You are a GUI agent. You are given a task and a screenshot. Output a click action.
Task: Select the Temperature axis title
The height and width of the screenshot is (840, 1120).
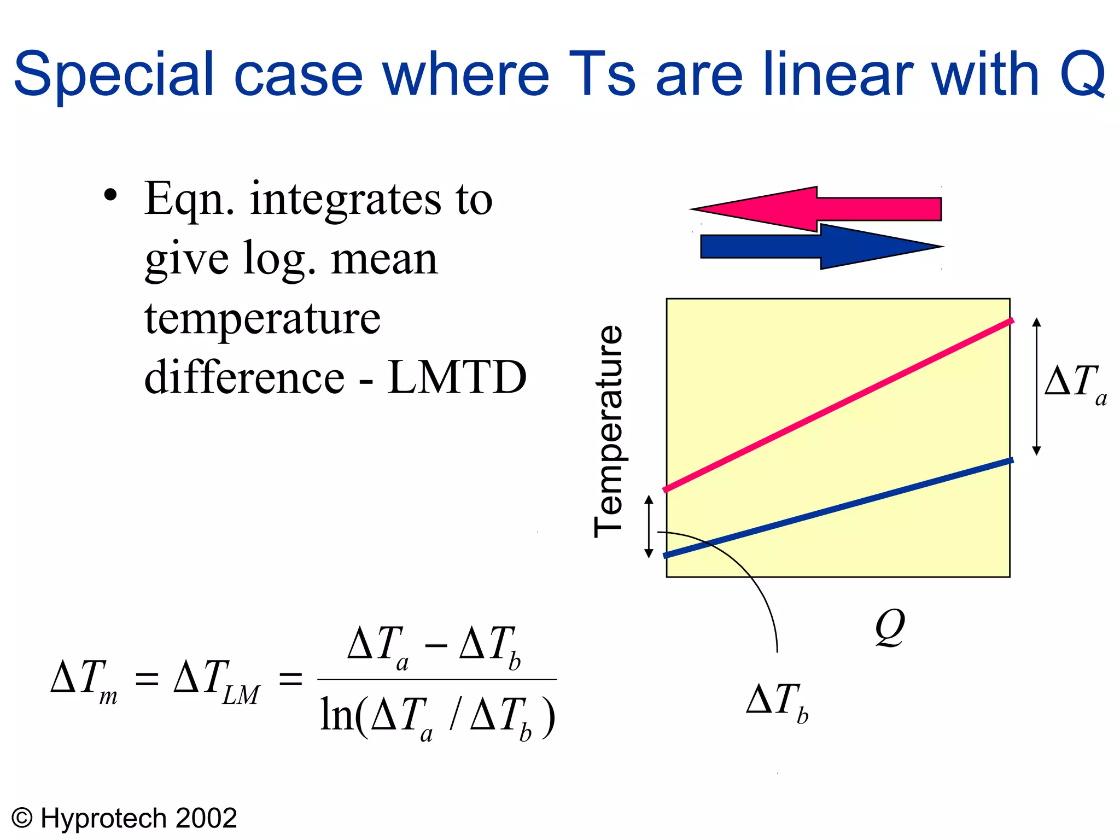click(609, 431)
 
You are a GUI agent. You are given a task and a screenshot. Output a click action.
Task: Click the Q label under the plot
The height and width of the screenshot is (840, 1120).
click(890, 627)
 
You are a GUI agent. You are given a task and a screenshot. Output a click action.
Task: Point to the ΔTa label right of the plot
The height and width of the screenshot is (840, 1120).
click(1074, 383)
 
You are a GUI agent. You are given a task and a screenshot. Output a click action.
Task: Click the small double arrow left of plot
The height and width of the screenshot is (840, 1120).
click(649, 526)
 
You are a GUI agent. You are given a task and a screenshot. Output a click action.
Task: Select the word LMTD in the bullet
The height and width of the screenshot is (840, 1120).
click(457, 377)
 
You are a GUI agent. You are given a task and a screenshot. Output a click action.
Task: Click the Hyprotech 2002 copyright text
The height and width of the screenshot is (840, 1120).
click(125, 818)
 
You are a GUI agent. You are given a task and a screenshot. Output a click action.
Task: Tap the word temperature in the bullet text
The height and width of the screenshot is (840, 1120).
click(262, 318)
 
